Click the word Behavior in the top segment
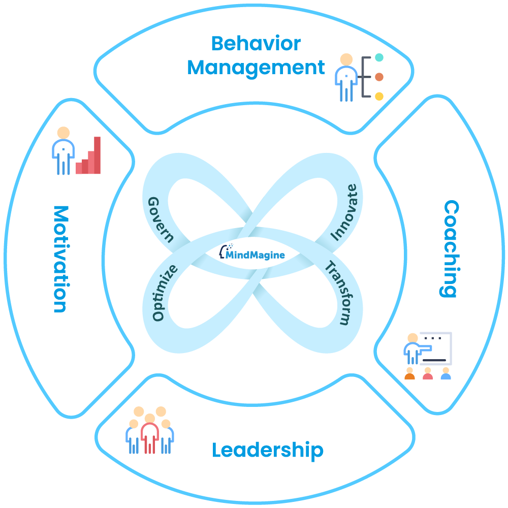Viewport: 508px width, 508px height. pos(256,44)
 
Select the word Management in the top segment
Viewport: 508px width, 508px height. pos(256,68)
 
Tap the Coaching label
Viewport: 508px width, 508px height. pos(450,248)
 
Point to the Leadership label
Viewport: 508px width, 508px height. pos(267,450)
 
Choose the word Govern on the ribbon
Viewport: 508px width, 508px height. pos(161,219)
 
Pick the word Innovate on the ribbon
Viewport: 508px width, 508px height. pos(347,213)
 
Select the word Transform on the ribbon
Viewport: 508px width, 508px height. pos(338,293)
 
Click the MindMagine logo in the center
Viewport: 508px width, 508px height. pos(255,253)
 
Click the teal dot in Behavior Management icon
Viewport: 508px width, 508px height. pos(379,58)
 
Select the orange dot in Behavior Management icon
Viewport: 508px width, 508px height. pos(379,77)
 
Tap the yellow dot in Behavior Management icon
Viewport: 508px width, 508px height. pos(379,96)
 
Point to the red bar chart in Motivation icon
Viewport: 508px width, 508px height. pos(88,157)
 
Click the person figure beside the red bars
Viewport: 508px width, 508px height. pos(63,150)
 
